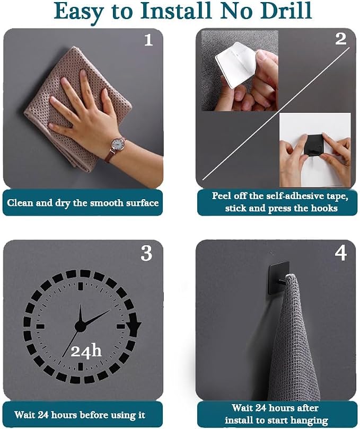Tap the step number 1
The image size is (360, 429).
tap(148, 40)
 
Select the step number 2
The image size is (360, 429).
tap(340, 39)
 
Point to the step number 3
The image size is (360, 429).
tap(146, 253)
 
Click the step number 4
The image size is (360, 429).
tap(340, 253)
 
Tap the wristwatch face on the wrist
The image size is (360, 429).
tap(118, 144)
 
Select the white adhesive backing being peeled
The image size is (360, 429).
tap(235, 66)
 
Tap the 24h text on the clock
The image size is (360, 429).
tap(86, 351)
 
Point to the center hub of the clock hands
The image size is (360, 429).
tap(80, 326)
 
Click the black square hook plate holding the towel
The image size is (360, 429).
tap(279, 278)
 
